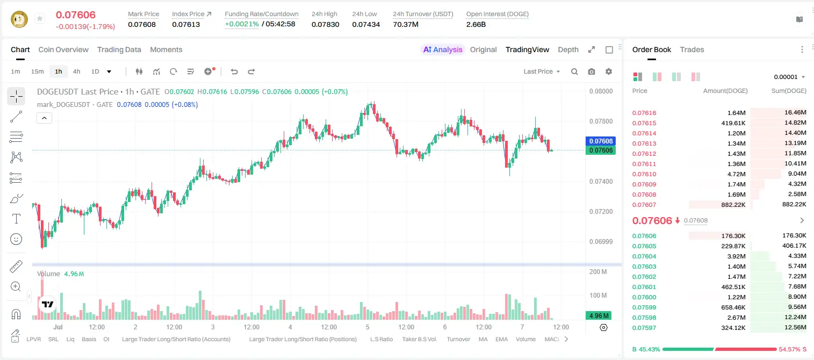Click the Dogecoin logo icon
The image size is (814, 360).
tap(19, 19)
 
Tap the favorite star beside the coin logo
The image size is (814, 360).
tap(40, 18)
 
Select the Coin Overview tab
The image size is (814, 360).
tap(63, 49)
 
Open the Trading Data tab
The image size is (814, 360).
tap(119, 49)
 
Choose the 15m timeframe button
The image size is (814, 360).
tap(37, 71)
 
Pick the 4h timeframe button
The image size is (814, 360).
tap(76, 71)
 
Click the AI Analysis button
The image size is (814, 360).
tap(443, 49)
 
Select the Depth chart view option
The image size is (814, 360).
tap(568, 49)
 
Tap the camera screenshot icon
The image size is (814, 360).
tap(592, 71)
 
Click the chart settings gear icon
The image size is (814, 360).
tap(609, 71)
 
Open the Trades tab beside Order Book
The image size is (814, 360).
tap(692, 49)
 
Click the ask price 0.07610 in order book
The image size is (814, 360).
tap(644, 174)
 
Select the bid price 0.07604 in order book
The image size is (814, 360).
tap(644, 256)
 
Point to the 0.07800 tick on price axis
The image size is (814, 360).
tap(601, 121)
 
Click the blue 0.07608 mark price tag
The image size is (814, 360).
tap(601, 141)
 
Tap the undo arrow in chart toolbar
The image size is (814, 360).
tap(234, 71)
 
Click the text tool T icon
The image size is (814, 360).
tap(16, 219)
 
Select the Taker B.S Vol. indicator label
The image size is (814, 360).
tap(420, 339)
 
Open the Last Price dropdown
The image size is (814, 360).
tap(542, 71)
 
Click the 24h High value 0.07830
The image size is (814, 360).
tap(325, 24)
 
